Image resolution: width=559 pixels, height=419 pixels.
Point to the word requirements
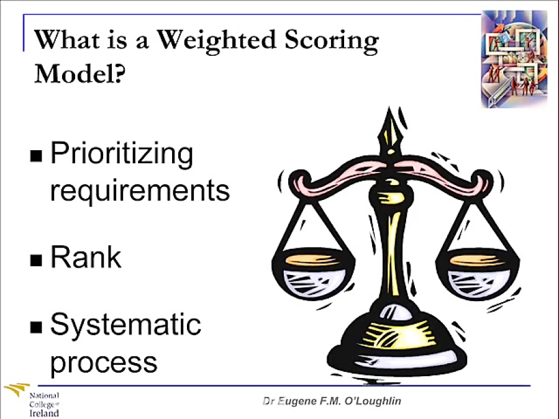[140, 189]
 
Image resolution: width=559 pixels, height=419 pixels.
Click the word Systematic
[125, 325]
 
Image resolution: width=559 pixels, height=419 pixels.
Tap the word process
[103, 361]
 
